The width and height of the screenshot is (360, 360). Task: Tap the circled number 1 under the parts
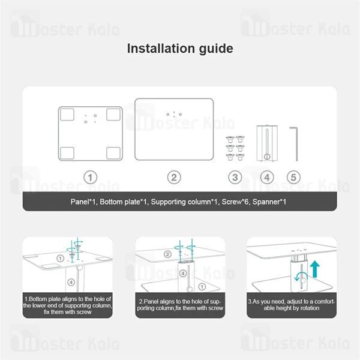89,177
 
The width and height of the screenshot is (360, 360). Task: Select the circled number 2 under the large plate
173,177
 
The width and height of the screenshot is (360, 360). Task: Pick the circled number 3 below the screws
235,177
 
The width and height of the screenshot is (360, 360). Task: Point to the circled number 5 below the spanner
293,177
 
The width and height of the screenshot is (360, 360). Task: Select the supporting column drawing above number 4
266,143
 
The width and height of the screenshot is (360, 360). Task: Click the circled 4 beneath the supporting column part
267,177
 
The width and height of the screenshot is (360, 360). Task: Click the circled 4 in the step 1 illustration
71,280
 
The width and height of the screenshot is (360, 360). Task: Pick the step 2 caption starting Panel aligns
180,304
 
